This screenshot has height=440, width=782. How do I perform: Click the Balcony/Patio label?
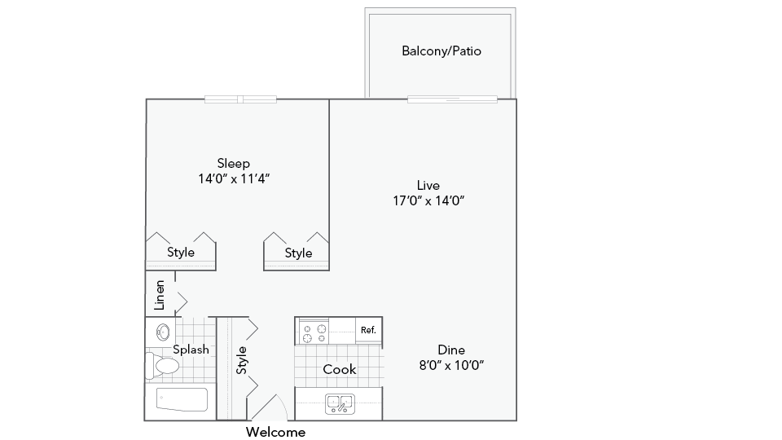click(x=442, y=51)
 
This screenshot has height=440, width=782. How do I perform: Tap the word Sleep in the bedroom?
click(x=234, y=164)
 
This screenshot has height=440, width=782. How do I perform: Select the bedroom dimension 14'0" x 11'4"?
click(x=234, y=178)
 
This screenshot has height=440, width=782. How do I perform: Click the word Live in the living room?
click(x=428, y=186)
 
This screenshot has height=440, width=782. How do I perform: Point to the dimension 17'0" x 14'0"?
click(x=429, y=200)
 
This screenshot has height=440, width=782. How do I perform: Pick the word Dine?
click(x=451, y=350)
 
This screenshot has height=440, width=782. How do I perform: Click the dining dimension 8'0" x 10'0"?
click(x=451, y=365)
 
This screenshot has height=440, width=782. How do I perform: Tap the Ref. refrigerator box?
click(x=368, y=330)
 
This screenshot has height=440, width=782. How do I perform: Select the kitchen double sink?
click(x=340, y=403)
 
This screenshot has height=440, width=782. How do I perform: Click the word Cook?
click(x=340, y=370)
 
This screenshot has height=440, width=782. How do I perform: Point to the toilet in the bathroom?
click(x=163, y=365)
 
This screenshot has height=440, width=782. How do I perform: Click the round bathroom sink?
click(x=163, y=332)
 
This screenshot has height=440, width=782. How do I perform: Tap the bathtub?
click(x=182, y=399)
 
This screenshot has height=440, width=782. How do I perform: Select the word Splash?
click(x=191, y=350)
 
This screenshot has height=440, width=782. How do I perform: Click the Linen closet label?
click(x=160, y=295)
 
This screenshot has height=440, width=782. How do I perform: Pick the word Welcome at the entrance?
click(x=276, y=432)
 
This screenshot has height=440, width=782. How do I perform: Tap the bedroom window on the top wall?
click(x=240, y=99)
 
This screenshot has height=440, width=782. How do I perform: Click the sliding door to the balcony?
click(x=452, y=99)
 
